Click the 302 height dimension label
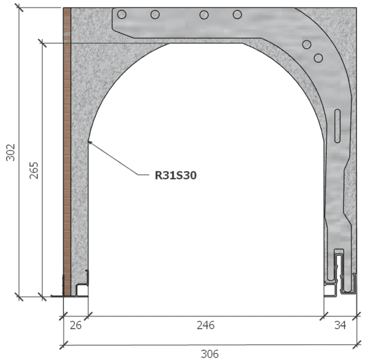(x=10, y=153)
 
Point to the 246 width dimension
(x=206, y=325)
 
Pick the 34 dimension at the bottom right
(x=340, y=325)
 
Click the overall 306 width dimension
(x=210, y=353)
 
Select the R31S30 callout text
(x=175, y=176)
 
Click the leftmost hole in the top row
(x=122, y=14)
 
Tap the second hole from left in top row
(x=155, y=14)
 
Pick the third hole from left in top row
(x=204, y=14)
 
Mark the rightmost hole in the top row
(x=237, y=14)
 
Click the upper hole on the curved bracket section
(x=307, y=44)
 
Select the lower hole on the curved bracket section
(x=318, y=57)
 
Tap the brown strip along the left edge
(x=67, y=148)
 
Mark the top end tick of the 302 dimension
(x=19, y=8)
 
